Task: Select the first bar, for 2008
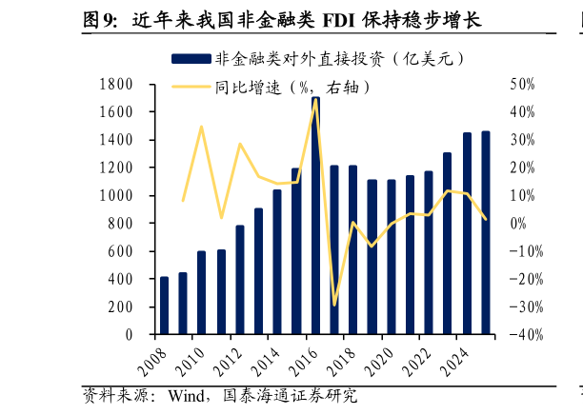click(164, 306)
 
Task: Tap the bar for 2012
click(240, 280)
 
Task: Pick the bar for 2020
click(392, 257)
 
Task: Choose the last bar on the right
click(486, 233)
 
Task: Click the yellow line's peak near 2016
click(315, 100)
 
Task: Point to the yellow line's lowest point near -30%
click(334, 306)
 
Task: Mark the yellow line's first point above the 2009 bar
click(183, 201)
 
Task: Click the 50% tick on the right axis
click(523, 85)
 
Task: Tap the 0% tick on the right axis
click(519, 224)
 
